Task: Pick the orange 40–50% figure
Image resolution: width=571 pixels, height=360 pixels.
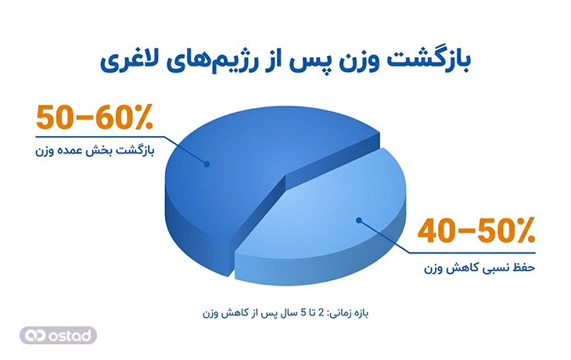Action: [x=476, y=232]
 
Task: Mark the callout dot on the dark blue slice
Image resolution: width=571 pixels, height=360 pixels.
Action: [x=207, y=164]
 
